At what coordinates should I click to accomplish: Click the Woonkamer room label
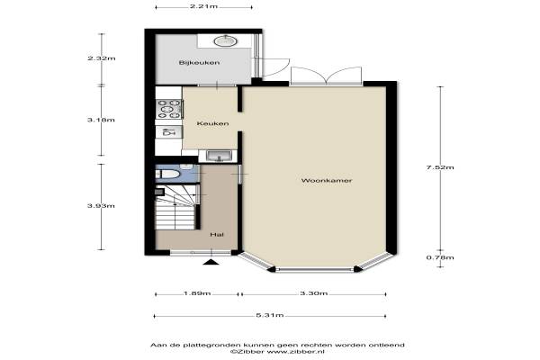pyautogui.click(x=327, y=181)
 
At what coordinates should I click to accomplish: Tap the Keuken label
pyautogui.click(x=212, y=123)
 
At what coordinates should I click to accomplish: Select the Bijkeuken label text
pyautogui.click(x=199, y=62)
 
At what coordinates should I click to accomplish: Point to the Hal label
pyautogui.click(x=217, y=234)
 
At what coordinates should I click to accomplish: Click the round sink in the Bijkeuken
pyautogui.click(x=225, y=41)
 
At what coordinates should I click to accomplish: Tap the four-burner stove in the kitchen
pyautogui.click(x=169, y=109)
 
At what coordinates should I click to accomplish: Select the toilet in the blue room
pyautogui.click(x=168, y=174)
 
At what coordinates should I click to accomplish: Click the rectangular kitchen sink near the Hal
pyautogui.click(x=219, y=156)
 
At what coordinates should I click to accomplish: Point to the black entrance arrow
pyautogui.click(x=211, y=263)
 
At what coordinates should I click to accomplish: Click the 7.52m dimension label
pyautogui.click(x=440, y=167)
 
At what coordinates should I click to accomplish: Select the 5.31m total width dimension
pyautogui.click(x=270, y=315)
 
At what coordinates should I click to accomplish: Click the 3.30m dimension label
pyautogui.click(x=314, y=293)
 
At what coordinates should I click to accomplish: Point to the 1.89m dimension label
pyautogui.click(x=197, y=293)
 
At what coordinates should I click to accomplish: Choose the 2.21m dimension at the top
pyautogui.click(x=203, y=6)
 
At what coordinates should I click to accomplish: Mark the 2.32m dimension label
pyautogui.click(x=101, y=58)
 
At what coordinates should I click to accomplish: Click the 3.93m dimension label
pyautogui.click(x=101, y=206)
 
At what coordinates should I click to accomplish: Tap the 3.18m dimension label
pyautogui.click(x=101, y=120)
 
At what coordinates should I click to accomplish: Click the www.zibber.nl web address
pyautogui.click(x=296, y=352)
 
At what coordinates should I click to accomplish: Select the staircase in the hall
pyautogui.click(x=176, y=207)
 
